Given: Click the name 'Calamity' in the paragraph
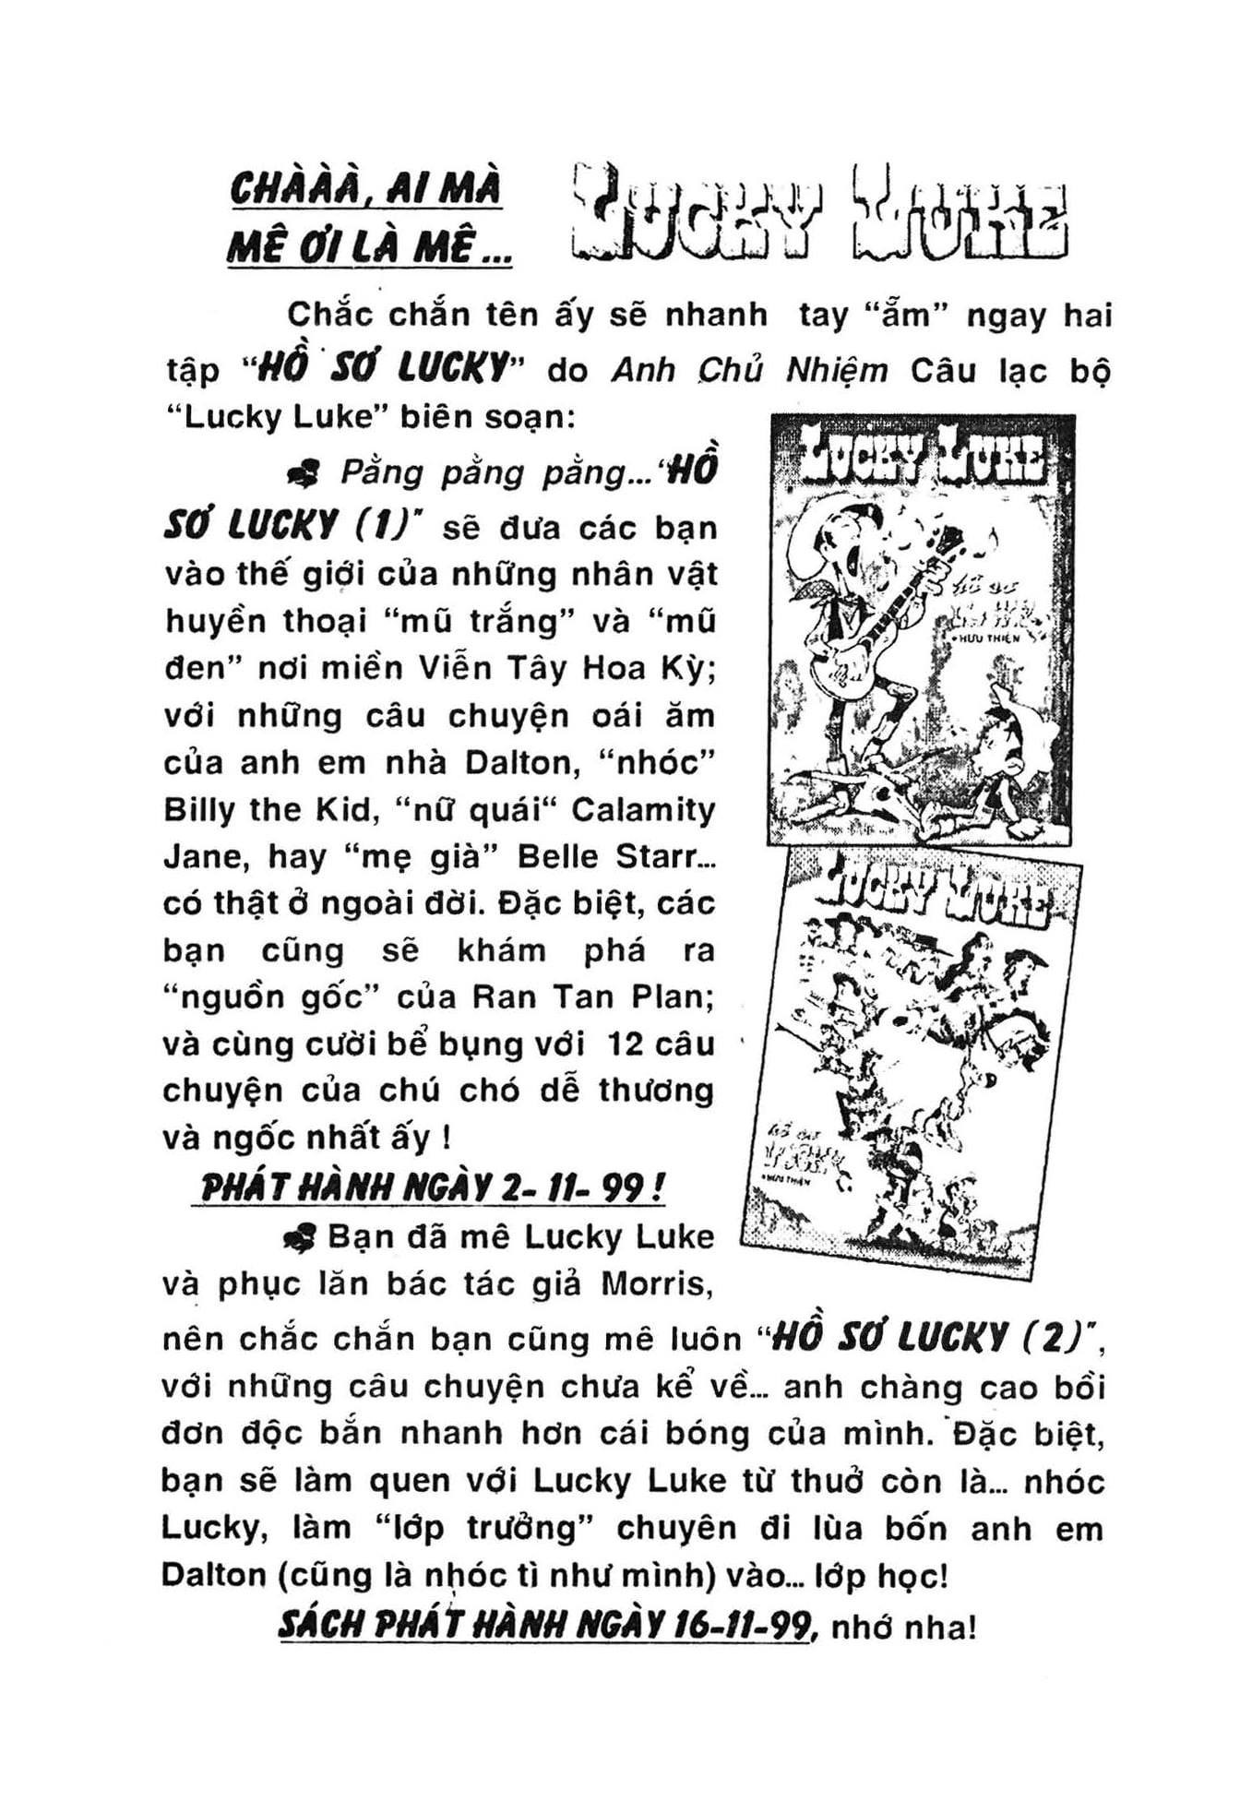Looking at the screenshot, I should (x=643, y=809).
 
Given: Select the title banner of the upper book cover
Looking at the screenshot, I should (x=921, y=455).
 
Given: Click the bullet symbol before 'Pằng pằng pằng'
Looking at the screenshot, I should (x=304, y=474).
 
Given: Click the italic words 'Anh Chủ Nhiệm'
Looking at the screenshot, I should (x=749, y=370).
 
